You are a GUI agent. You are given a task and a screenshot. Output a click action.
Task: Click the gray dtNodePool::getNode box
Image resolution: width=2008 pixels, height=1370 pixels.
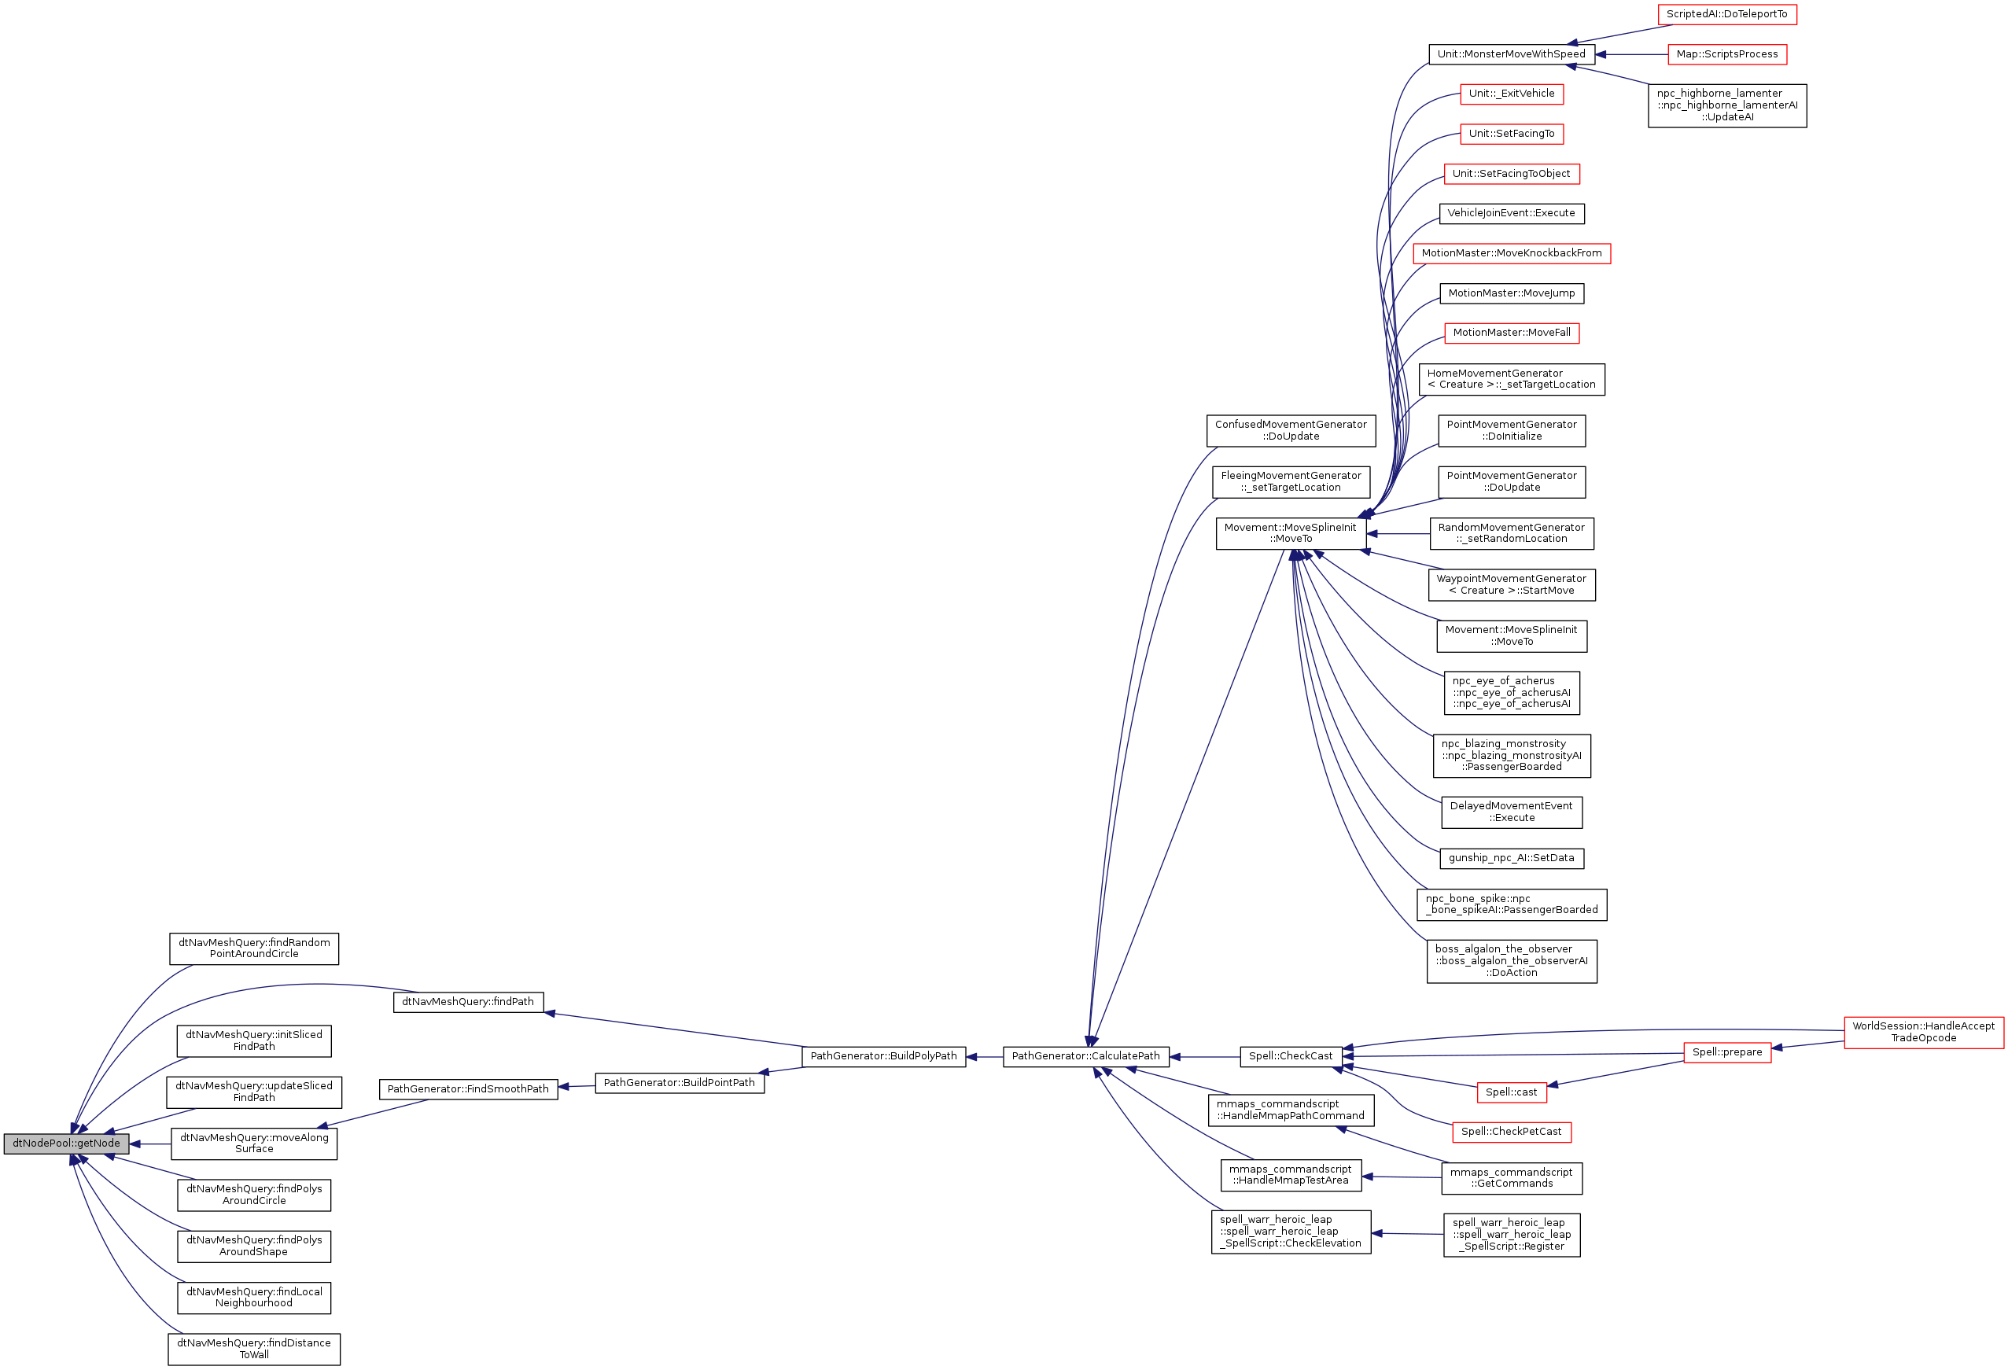click(67, 1144)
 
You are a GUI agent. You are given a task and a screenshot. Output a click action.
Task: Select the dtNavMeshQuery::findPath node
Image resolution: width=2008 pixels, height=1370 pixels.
click(468, 1002)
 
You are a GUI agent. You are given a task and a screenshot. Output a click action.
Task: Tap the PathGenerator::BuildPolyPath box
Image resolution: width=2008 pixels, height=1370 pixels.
click(883, 1056)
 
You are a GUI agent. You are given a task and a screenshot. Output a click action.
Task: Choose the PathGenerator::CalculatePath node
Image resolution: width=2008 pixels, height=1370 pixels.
click(1085, 1056)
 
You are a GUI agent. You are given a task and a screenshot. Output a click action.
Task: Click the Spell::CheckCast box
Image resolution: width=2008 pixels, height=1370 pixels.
click(1291, 1056)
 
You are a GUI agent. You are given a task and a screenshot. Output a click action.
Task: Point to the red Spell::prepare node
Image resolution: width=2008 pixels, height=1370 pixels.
click(1726, 1052)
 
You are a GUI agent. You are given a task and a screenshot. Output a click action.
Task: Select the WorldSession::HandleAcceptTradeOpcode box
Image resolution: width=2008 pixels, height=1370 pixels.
click(1923, 1033)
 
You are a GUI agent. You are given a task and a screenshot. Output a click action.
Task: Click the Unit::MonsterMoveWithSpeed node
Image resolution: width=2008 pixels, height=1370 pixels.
click(1511, 54)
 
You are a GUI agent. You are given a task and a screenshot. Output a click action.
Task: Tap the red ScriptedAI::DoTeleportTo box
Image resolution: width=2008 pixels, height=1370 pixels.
click(1726, 15)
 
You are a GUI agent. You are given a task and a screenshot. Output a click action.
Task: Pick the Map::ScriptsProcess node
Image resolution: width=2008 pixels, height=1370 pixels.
click(1726, 54)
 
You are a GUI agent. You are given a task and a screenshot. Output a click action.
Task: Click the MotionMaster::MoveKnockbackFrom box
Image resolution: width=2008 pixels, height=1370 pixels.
click(1511, 254)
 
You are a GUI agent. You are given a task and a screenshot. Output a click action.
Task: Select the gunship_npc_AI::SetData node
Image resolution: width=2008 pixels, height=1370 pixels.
click(1511, 859)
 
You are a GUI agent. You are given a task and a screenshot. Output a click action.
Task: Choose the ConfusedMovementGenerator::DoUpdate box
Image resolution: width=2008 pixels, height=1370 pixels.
click(1291, 431)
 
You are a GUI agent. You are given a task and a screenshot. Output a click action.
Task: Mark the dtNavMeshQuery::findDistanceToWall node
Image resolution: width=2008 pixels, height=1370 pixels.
click(254, 1350)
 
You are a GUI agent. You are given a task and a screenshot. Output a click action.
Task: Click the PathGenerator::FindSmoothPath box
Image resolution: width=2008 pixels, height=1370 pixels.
click(468, 1089)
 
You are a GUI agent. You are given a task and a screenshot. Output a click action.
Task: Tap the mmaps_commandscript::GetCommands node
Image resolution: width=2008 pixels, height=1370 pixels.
click(1511, 1178)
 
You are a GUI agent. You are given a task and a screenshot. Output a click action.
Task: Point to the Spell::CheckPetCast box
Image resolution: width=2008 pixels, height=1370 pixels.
click(1511, 1132)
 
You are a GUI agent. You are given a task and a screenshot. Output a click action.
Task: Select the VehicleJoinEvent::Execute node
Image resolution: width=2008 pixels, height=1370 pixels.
click(1511, 213)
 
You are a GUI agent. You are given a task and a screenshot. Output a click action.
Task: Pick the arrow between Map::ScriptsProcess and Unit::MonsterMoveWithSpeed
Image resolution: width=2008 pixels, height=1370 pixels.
click(1631, 54)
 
